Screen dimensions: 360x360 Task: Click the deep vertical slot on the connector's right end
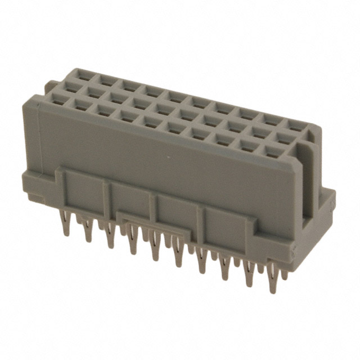(x=307, y=180)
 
